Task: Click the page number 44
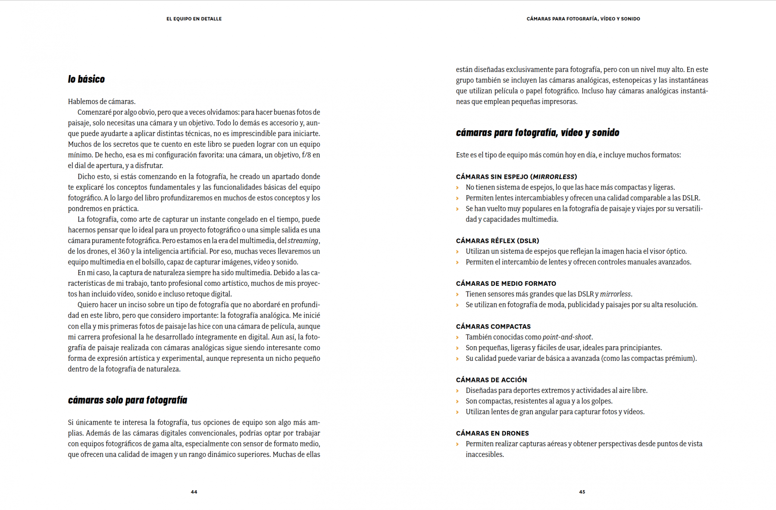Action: click(x=194, y=492)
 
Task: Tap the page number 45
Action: click(x=582, y=492)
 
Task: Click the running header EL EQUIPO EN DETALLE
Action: click(x=194, y=19)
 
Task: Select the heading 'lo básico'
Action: click(x=86, y=79)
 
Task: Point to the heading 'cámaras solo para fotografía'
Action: click(x=128, y=400)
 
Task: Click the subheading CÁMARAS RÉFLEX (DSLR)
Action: click(x=498, y=241)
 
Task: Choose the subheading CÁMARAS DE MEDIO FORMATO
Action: click(x=506, y=284)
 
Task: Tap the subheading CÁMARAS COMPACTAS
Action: click(x=493, y=327)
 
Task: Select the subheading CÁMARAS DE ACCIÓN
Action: click(x=491, y=380)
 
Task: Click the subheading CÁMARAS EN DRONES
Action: click(x=492, y=433)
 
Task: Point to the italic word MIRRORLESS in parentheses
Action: click(x=554, y=177)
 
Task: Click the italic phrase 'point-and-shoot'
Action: click(x=567, y=337)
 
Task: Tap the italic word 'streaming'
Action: click(x=303, y=241)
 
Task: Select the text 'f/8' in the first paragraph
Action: click(x=307, y=155)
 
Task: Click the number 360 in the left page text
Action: click(x=124, y=251)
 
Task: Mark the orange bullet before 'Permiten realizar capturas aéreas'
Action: click(x=457, y=444)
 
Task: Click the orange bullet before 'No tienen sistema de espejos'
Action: click(x=457, y=188)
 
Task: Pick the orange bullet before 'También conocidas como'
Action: click(x=457, y=337)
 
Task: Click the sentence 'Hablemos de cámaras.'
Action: click(x=102, y=102)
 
